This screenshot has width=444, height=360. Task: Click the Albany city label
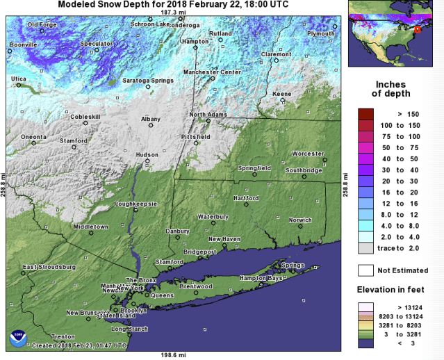click(x=150, y=120)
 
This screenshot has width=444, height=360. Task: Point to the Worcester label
click(x=308, y=154)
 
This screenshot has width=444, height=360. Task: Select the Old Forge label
click(x=42, y=25)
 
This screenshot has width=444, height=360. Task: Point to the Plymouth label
click(x=321, y=33)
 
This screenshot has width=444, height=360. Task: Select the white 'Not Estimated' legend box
click(x=365, y=270)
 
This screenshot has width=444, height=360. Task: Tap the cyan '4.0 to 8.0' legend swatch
click(x=365, y=226)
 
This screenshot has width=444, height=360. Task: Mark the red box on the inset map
click(x=418, y=30)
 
